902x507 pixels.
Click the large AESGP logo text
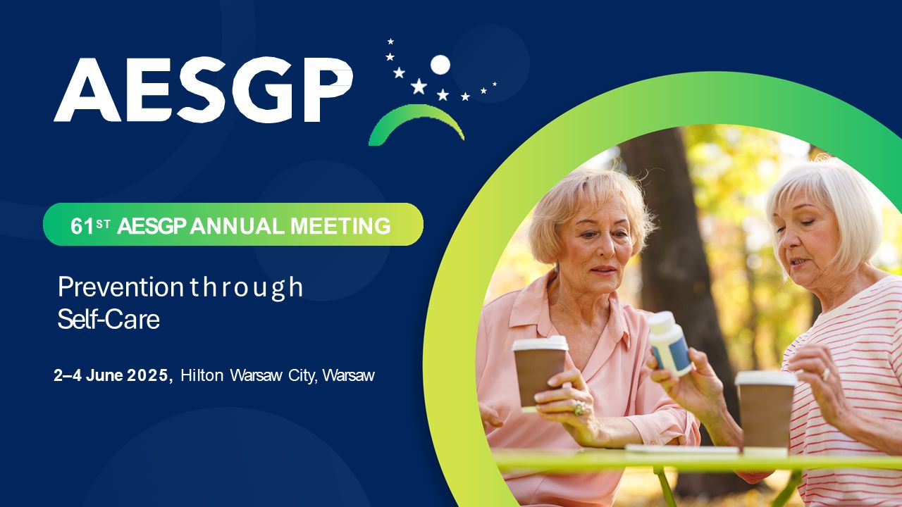pyautogui.click(x=204, y=89)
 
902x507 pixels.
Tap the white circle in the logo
pyautogui.click(x=440, y=65)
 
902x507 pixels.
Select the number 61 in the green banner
pyautogui.click(x=82, y=226)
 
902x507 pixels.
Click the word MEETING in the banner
pyautogui.click(x=340, y=226)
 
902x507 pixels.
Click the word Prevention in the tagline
pyautogui.click(x=121, y=287)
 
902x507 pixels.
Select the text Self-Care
pyautogui.click(x=109, y=320)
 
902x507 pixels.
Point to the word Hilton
pyautogui.click(x=202, y=375)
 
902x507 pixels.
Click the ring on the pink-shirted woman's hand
pyautogui.click(x=579, y=408)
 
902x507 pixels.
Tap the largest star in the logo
pyautogui.click(x=419, y=86)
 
